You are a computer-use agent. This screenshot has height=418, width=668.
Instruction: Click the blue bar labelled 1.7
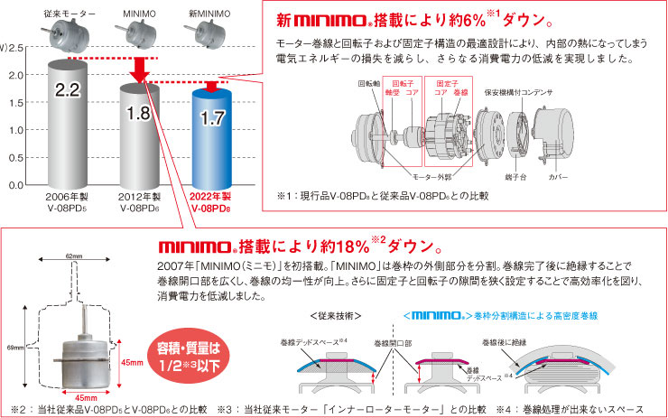[212, 138]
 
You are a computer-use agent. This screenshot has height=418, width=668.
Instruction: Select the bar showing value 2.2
[68, 124]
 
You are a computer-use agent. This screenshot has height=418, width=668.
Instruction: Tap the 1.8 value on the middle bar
[139, 113]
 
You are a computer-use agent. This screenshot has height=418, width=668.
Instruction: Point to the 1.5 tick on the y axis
[16, 102]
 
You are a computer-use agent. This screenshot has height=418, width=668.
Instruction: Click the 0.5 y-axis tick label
[16, 158]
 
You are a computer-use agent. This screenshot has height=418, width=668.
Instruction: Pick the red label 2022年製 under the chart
[210, 197]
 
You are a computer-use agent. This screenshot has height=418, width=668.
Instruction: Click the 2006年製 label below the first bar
[67, 197]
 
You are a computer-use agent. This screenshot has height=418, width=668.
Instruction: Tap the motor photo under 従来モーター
[67, 35]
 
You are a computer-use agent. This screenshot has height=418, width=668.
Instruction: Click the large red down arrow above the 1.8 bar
[139, 70]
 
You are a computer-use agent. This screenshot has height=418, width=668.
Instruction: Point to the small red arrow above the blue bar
[211, 87]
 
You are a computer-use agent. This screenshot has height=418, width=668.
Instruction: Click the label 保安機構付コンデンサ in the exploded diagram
[518, 92]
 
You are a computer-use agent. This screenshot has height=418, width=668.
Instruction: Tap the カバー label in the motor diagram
[558, 176]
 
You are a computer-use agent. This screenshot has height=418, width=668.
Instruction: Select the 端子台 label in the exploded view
[515, 176]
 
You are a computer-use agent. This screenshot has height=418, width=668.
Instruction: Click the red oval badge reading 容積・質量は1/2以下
[189, 357]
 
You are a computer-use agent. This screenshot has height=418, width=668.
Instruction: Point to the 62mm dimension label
[74, 256]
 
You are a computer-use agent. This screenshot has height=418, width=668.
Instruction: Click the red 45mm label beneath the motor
[86, 398]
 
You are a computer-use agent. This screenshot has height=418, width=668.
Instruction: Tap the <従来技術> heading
[336, 316]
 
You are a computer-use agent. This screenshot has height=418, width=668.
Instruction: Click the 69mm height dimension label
[15, 348]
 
